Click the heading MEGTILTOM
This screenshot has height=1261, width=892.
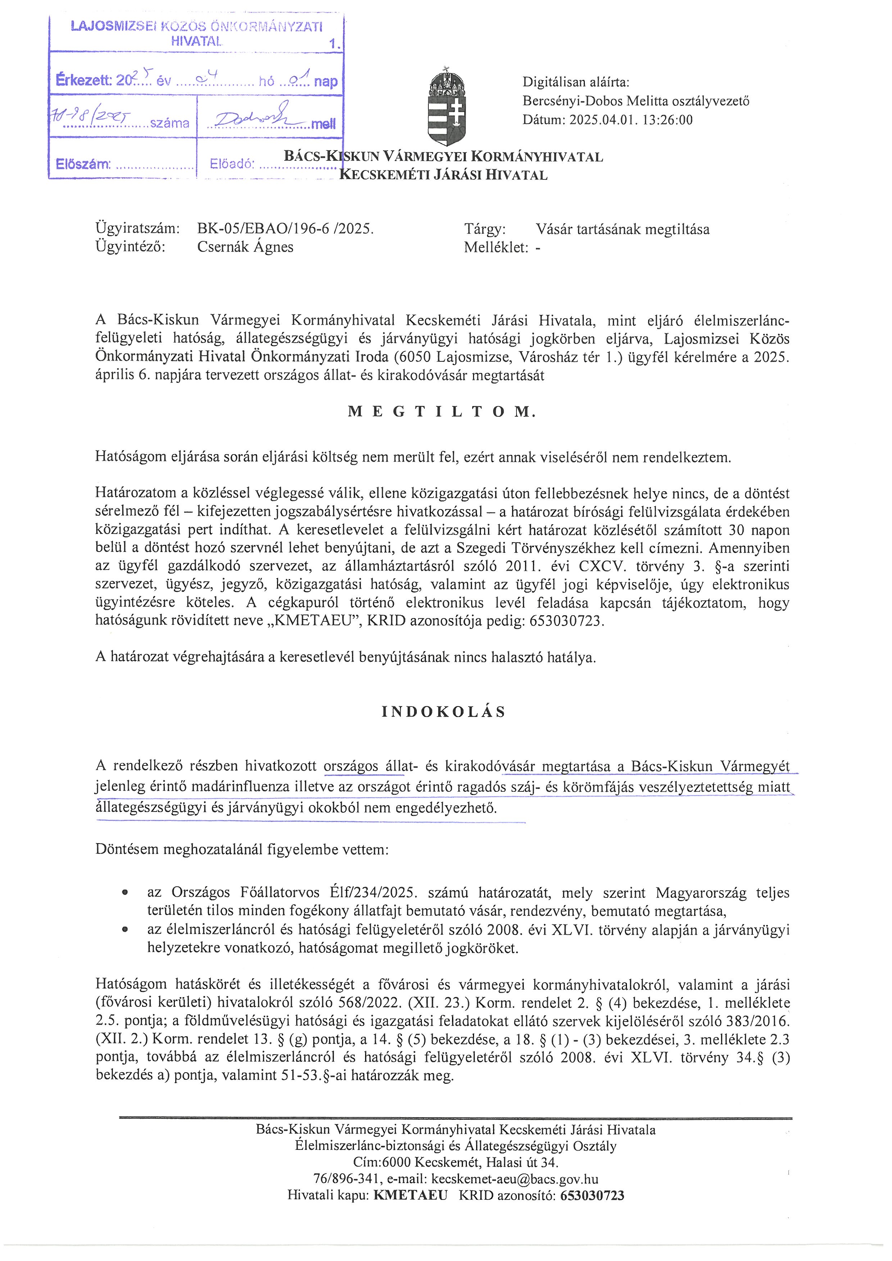(442, 412)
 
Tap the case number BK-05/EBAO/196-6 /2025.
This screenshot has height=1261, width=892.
(285, 229)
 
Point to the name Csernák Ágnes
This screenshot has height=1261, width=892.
(245, 247)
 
